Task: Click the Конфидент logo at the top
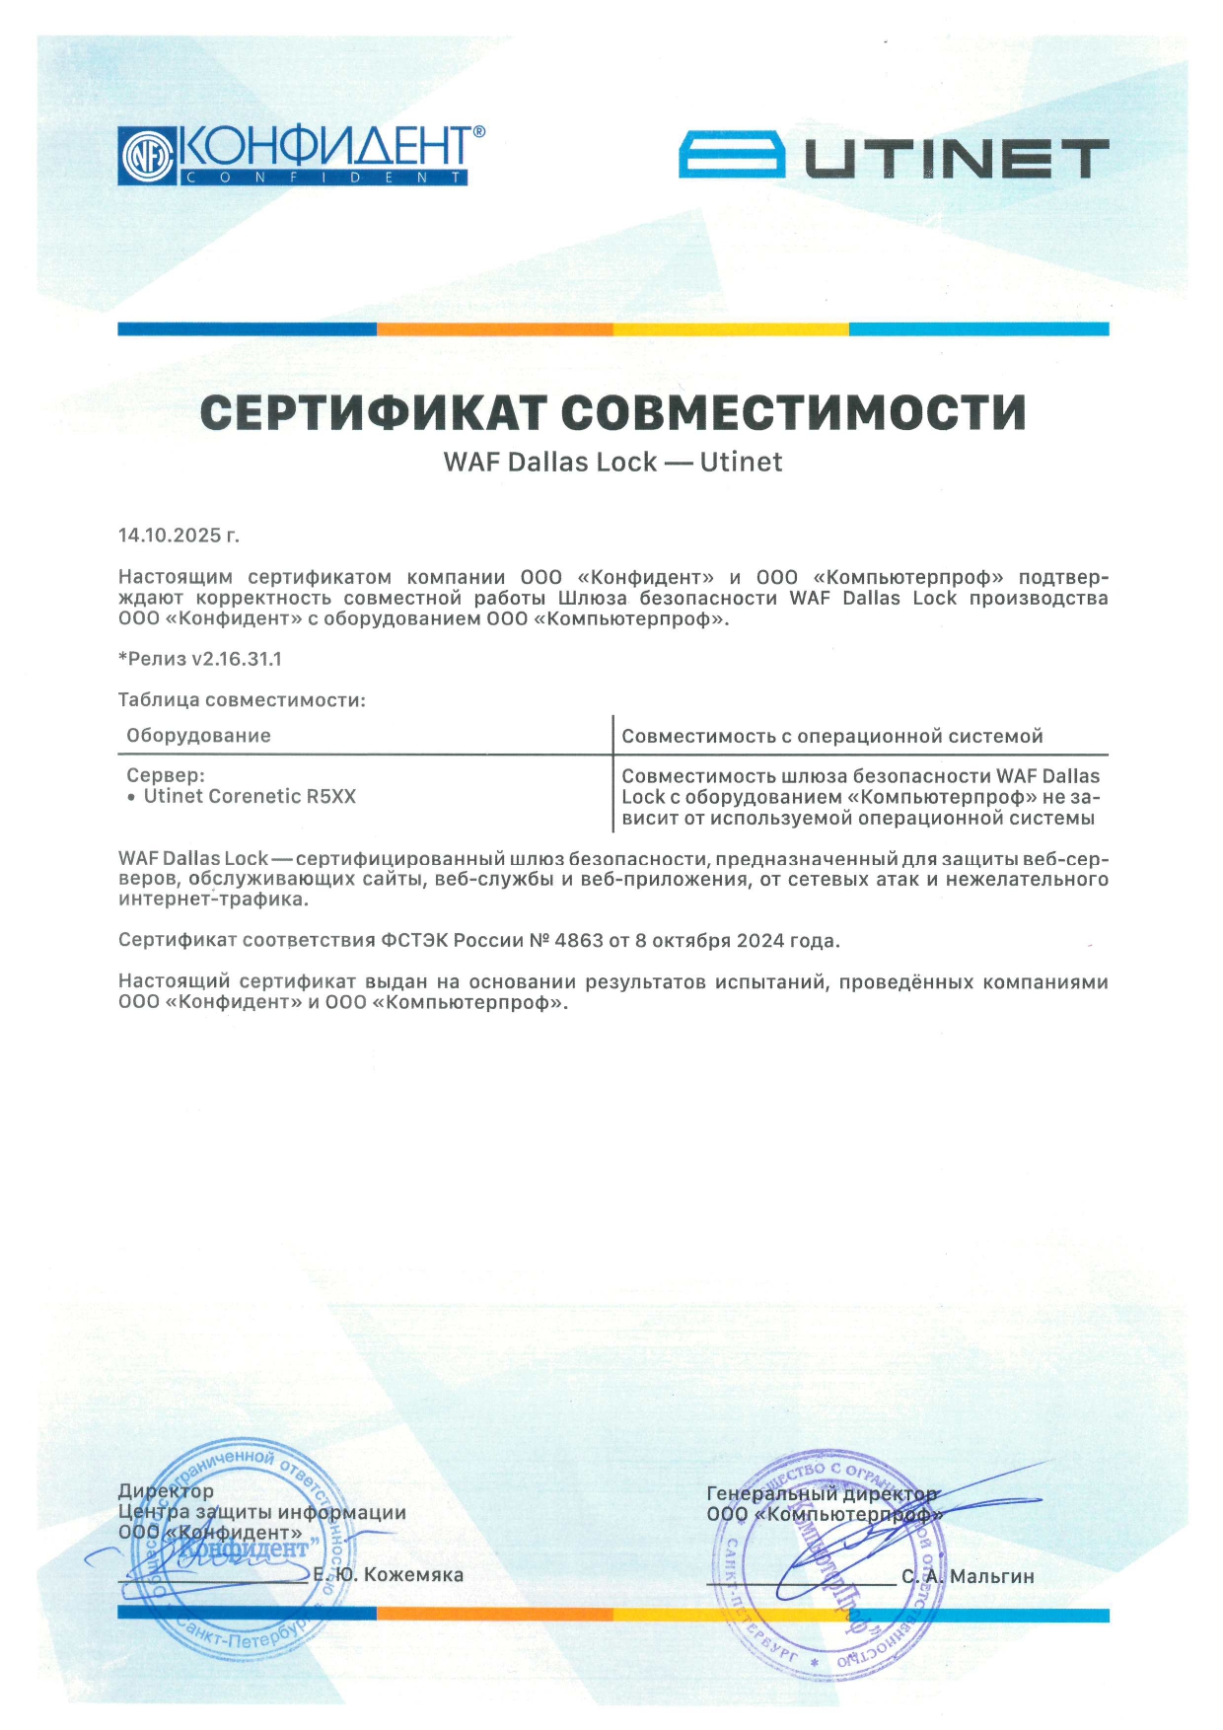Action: click(301, 155)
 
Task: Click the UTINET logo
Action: click(894, 158)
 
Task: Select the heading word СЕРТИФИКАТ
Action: click(372, 412)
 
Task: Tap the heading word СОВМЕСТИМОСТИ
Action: click(794, 412)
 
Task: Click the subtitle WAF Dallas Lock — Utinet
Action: click(612, 463)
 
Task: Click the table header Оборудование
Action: click(198, 736)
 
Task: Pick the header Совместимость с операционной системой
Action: click(831, 737)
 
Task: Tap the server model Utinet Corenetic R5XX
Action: click(250, 797)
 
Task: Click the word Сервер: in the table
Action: click(166, 776)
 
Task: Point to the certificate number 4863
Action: click(579, 941)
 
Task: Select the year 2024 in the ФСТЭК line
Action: click(759, 941)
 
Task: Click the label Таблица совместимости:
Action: click(242, 700)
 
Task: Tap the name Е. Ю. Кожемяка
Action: click(389, 1575)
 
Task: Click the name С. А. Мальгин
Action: click(968, 1577)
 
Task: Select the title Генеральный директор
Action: click(822, 1493)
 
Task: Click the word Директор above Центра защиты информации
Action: click(166, 1490)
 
